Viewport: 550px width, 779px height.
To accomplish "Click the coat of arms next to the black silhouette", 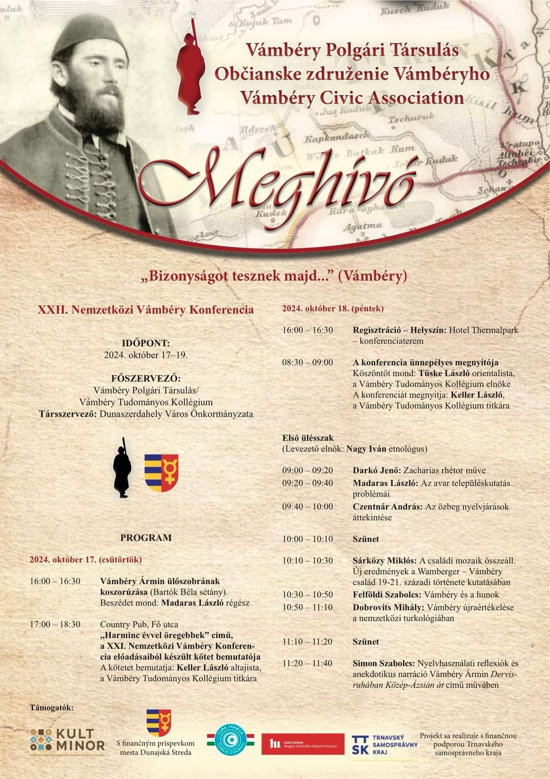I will click(161, 472).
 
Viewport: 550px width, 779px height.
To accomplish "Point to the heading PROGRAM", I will click(146, 537).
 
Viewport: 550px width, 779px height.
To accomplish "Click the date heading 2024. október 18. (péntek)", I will click(333, 308).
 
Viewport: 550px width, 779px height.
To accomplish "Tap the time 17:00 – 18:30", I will click(55, 624).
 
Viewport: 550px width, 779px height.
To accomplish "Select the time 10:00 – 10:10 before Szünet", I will click(308, 539).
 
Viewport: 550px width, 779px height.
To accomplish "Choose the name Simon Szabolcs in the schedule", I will click(384, 663).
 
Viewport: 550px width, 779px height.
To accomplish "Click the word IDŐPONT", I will click(146, 344).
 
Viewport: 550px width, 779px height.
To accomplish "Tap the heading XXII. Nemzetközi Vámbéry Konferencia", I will click(146, 309).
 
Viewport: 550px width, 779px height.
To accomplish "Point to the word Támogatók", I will click(51, 708).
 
